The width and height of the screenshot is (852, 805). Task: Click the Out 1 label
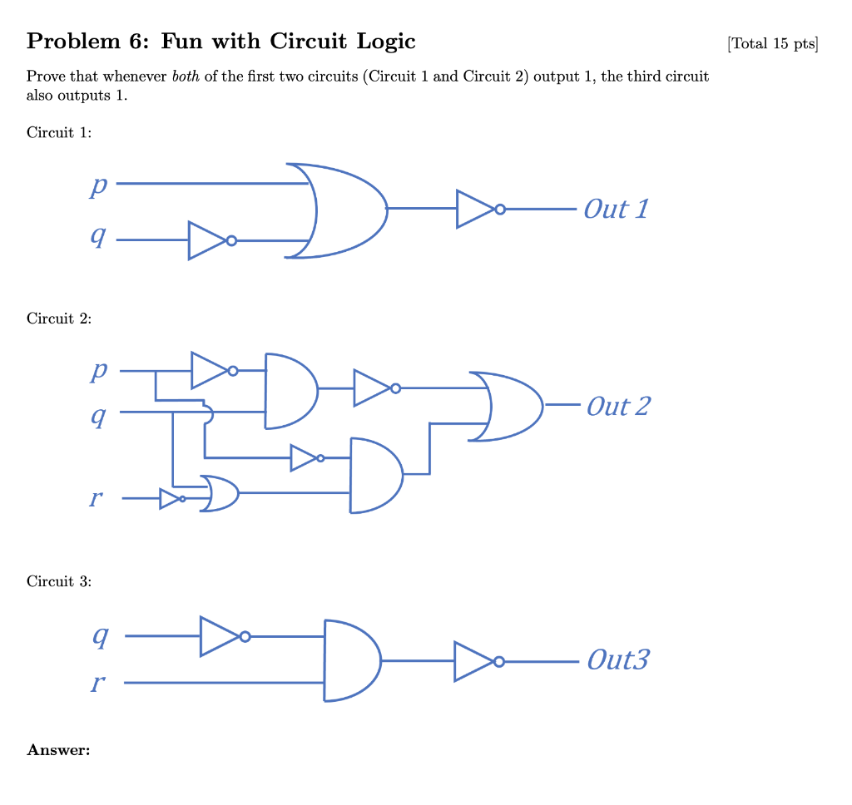[x=615, y=209]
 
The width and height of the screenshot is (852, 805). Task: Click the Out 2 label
[x=617, y=406]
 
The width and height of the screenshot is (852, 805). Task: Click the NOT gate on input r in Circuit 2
[x=172, y=499]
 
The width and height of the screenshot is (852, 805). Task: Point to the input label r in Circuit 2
[x=97, y=499]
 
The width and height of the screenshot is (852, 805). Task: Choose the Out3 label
[x=617, y=660]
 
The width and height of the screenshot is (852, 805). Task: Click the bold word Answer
[x=58, y=750]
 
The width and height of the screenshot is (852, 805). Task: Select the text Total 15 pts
[x=772, y=43]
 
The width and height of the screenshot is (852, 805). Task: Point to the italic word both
[x=186, y=77]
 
